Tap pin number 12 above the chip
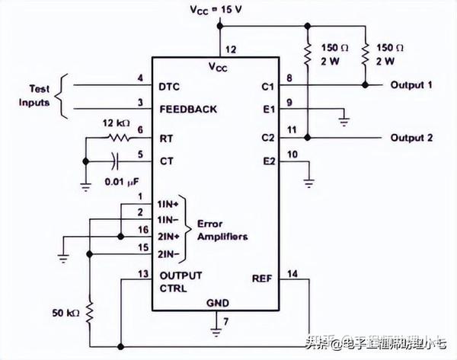[x=231, y=49]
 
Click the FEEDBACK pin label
[x=187, y=109]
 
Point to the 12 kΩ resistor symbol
[x=117, y=138]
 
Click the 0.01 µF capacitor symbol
[x=115, y=161]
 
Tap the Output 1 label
[x=411, y=84]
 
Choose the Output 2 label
[x=411, y=138]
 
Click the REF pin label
[x=261, y=279]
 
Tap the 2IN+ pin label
[x=169, y=237]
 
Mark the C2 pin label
[x=267, y=138]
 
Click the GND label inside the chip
[x=216, y=302]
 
